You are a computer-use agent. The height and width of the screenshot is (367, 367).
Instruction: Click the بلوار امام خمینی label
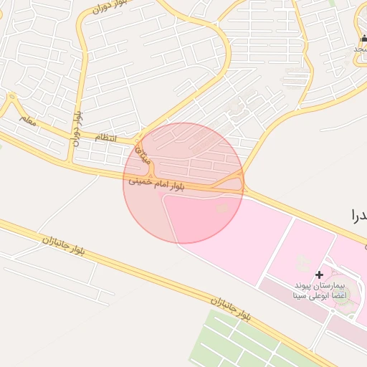[x=156, y=184]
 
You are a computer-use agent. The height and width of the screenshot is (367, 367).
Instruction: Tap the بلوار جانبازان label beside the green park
[x=231, y=309]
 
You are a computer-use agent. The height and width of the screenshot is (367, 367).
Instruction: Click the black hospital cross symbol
[x=319, y=274]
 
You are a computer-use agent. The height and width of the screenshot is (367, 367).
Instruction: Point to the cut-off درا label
[x=358, y=214]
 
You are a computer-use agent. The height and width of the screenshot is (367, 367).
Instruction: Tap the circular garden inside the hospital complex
[x=343, y=295]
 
